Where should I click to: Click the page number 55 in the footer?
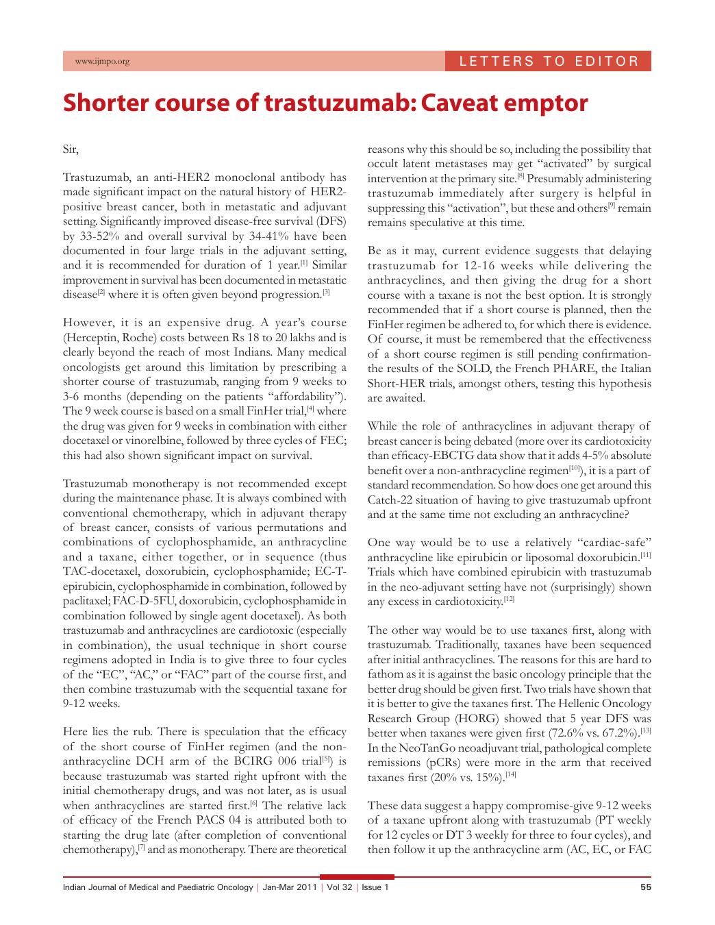point(645,887)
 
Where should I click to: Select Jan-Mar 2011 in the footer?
point(291,887)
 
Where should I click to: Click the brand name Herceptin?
point(92,338)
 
